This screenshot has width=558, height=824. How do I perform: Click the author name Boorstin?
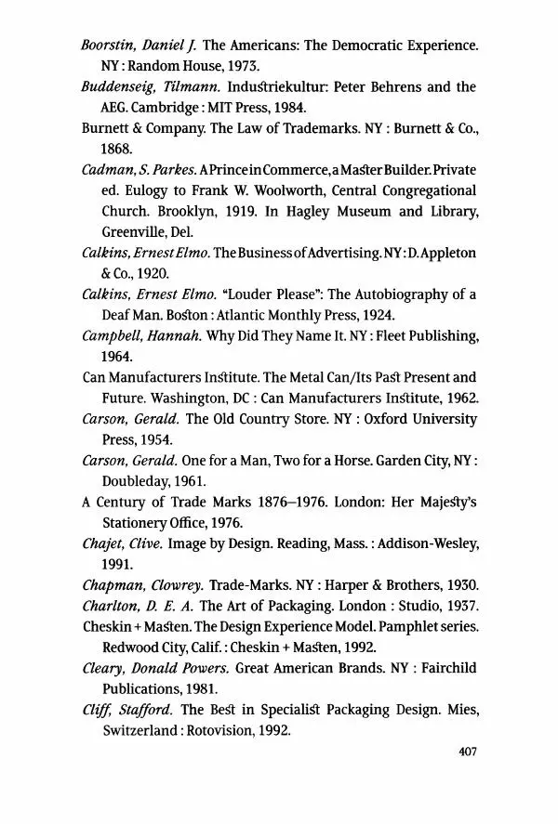(x=108, y=46)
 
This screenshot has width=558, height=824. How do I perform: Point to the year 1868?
(x=117, y=148)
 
